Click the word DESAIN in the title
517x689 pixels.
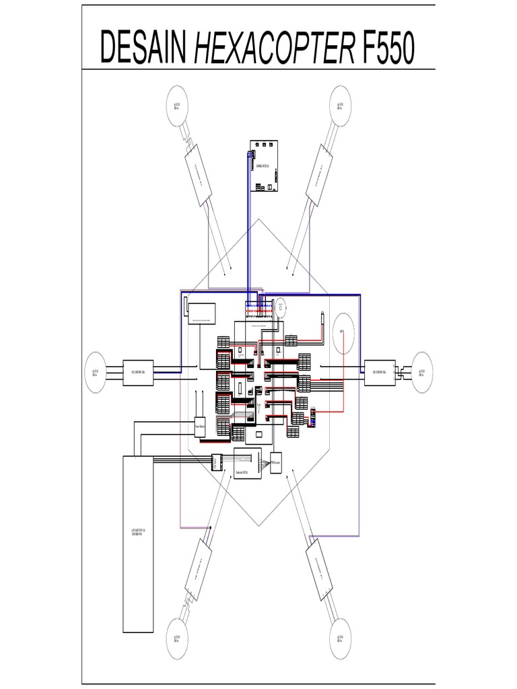pyautogui.click(x=144, y=48)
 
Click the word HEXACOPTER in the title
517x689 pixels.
pyautogui.click(x=275, y=48)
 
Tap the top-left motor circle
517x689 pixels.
pyautogui.click(x=178, y=107)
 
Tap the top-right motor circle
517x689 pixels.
pyautogui.click(x=341, y=107)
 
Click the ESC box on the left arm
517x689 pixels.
pyautogui.click(x=139, y=370)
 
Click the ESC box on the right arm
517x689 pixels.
pyautogui.click(x=380, y=370)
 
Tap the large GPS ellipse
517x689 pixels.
pyautogui.click(x=343, y=332)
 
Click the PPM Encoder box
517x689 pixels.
pyautogui.click(x=276, y=462)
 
